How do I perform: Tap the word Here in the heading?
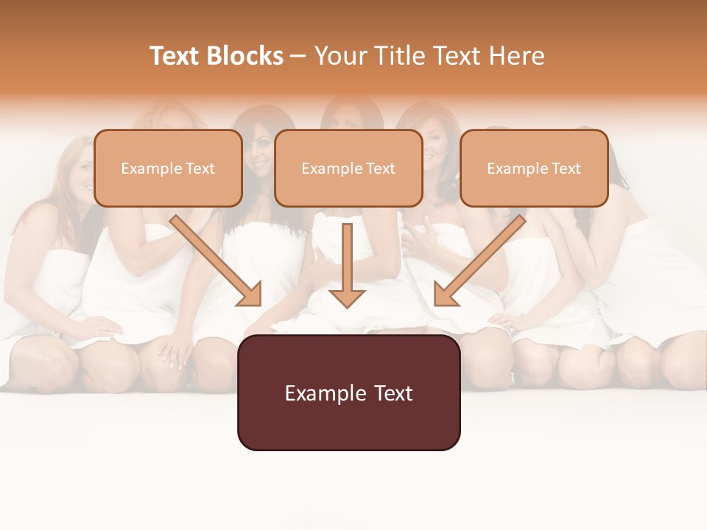click(516, 56)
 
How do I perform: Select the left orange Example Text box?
click(168, 168)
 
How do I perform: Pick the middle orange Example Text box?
click(348, 168)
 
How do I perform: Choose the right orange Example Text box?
click(534, 168)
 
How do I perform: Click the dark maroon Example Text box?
click(348, 392)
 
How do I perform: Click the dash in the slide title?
click(298, 56)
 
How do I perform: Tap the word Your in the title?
click(336, 56)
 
